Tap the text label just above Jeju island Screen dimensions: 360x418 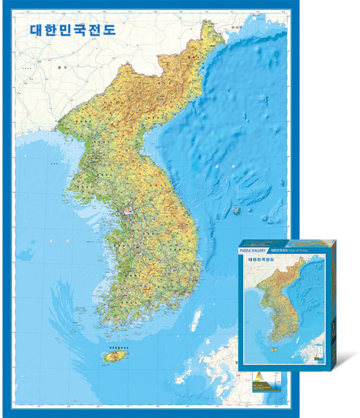114,347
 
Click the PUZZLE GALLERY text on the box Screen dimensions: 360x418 252,251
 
